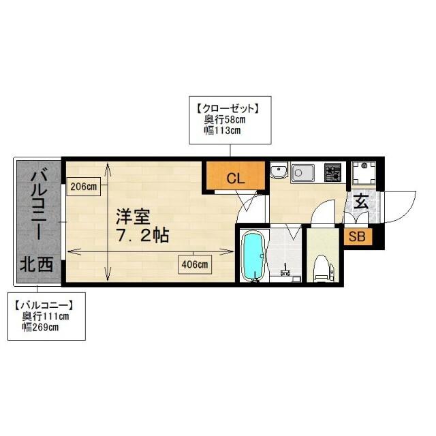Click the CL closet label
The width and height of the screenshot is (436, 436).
pyautogui.click(x=236, y=179)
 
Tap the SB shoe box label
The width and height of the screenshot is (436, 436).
pyautogui.click(x=354, y=237)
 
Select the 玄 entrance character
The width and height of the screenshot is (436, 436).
pyautogui.click(x=360, y=203)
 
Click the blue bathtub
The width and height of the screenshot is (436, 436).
pyautogui.click(x=253, y=256)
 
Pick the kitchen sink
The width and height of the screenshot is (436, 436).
pyautogui.click(x=302, y=174)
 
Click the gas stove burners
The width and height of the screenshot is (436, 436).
pyautogui.click(x=333, y=173)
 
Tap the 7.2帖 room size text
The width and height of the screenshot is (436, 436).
pyautogui.click(x=142, y=236)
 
